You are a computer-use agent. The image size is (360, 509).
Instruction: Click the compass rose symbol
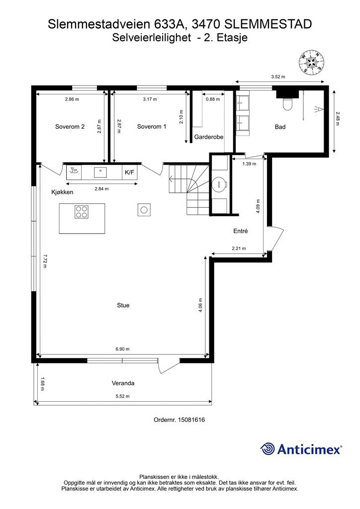coord(311,62)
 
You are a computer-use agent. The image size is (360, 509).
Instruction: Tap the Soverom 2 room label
coord(70,127)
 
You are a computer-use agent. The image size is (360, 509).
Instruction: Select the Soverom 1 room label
coord(152,127)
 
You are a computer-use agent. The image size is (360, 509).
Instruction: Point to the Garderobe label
coord(209,137)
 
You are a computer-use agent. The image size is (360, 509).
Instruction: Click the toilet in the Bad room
coord(287,103)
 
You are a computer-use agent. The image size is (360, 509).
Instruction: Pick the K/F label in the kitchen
coord(129,172)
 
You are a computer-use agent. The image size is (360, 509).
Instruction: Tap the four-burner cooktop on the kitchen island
coord(82,212)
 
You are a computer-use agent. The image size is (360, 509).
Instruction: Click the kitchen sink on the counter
coord(100,172)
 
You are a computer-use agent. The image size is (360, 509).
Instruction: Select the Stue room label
coord(123,305)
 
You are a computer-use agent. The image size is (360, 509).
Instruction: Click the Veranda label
coord(123,383)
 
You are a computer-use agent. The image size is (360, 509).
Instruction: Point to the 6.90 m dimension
coord(122,349)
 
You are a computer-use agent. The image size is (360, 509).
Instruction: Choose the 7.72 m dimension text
coord(44,261)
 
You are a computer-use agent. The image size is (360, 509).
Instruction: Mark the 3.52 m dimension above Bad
coord(278,77)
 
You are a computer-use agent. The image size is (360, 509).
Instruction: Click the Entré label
coord(241,231)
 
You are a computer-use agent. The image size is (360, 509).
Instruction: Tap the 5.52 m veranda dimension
coord(122,396)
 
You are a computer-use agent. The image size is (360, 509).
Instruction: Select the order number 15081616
coord(191,420)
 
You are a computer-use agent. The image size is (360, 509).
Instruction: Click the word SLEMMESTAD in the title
coord(269,24)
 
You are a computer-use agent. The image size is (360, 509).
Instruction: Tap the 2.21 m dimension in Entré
coord(239,249)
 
